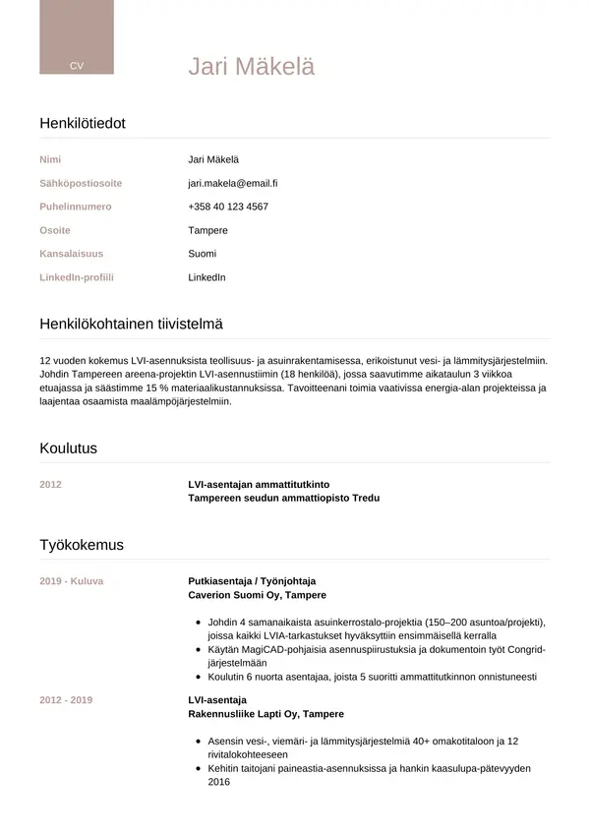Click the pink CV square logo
click(x=76, y=37)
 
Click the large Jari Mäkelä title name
click(x=252, y=66)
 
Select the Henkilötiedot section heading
click(x=83, y=123)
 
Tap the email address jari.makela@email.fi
click(x=233, y=183)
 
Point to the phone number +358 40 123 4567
click(x=228, y=207)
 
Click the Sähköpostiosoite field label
click(x=81, y=183)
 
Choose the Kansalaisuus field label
click(x=71, y=254)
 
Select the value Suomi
click(x=203, y=254)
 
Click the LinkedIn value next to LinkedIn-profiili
click(x=206, y=277)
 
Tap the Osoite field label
click(x=55, y=230)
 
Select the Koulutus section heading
click(x=68, y=448)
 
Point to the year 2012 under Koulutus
click(x=50, y=485)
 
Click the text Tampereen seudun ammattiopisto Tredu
click(x=283, y=499)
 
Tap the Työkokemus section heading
click(x=82, y=545)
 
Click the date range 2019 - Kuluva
click(x=71, y=581)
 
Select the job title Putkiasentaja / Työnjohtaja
click(x=252, y=581)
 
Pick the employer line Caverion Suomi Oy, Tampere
click(x=257, y=595)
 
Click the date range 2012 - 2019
click(x=66, y=700)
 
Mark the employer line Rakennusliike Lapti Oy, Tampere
click(x=265, y=714)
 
